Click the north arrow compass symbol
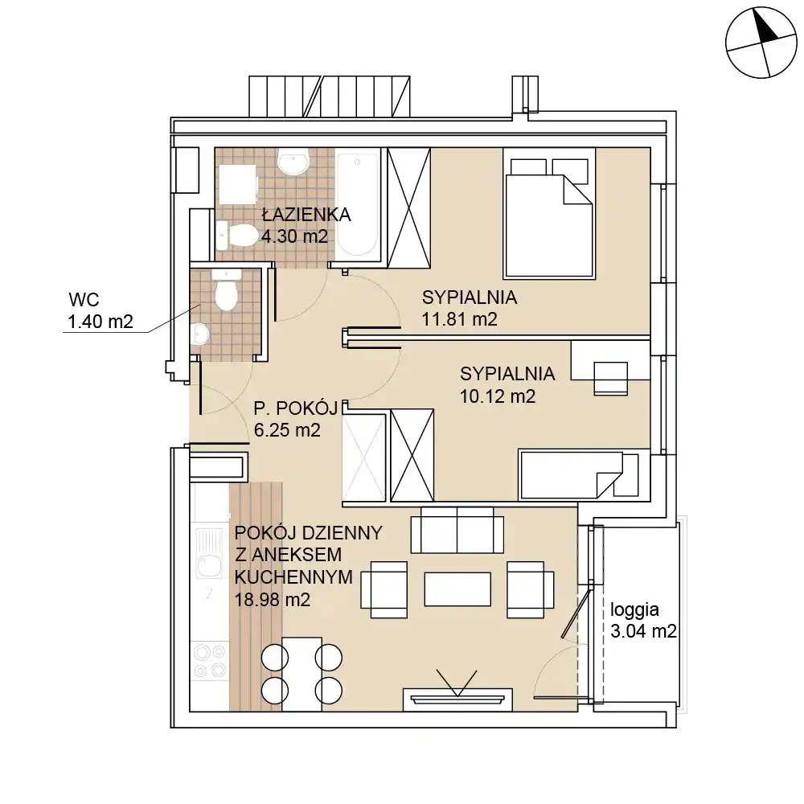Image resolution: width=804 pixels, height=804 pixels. [761, 43]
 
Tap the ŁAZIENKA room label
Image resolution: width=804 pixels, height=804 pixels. [306, 215]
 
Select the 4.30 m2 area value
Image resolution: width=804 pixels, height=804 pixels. [294, 236]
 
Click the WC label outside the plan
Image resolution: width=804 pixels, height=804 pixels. [84, 299]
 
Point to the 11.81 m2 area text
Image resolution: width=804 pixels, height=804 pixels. [459, 319]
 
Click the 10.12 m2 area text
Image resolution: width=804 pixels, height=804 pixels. [498, 396]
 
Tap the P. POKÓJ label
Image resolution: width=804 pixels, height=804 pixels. [296, 408]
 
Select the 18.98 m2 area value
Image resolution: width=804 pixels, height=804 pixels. [273, 600]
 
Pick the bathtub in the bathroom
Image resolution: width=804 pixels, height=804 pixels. [358, 205]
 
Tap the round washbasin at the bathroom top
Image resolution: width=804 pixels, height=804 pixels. [293, 161]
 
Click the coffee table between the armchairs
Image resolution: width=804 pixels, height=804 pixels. [457, 589]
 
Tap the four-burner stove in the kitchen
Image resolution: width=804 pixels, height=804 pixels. [210, 661]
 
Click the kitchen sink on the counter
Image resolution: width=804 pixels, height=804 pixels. [209, 555]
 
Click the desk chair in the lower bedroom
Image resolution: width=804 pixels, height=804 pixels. [611, 379]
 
